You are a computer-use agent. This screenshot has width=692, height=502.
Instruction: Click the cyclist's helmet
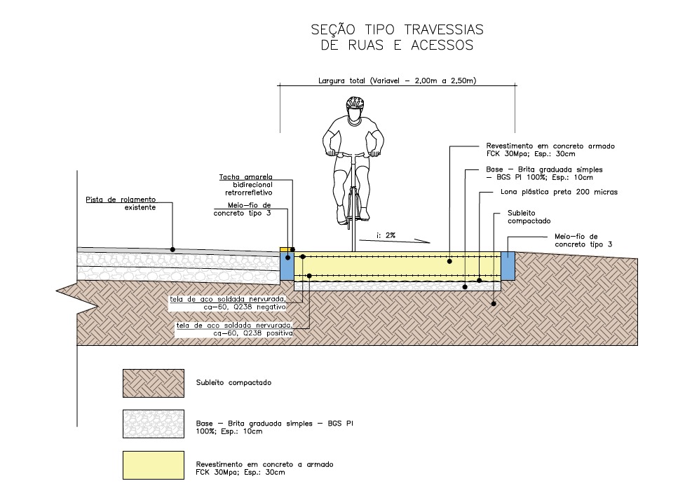(x=354, y=103)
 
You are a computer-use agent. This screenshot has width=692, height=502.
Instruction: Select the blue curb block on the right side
(x=508, y=266)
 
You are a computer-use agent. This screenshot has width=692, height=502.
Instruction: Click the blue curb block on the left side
(x=287, y=266)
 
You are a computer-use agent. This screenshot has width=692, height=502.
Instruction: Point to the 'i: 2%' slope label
(x=386, y=235)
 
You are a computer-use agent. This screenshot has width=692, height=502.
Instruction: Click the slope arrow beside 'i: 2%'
(x=395, y=241)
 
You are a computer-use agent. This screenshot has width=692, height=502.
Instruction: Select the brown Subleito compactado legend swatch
(x=153, y=384)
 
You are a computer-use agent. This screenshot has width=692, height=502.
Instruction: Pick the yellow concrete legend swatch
(x=153, y=465)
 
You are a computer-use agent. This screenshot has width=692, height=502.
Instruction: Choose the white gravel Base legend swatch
(x=153, y=424)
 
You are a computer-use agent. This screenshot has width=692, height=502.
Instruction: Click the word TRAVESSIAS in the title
(x=444, y=29)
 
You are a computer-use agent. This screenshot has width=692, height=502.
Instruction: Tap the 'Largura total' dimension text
(x=398, y=81)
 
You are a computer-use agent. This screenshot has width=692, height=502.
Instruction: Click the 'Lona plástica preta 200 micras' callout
(x=559, y=192)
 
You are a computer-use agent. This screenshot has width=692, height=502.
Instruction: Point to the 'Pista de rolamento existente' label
(x=121, y=204)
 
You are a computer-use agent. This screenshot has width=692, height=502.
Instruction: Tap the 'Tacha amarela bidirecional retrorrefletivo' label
(x=246, y=185)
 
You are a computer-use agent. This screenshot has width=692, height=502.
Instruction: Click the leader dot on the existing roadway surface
(x=172, y=249)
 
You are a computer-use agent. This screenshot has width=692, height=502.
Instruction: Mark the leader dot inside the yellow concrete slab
(x=449, y=261)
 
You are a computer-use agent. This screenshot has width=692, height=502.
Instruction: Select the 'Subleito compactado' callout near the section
(x=529, y=217)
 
